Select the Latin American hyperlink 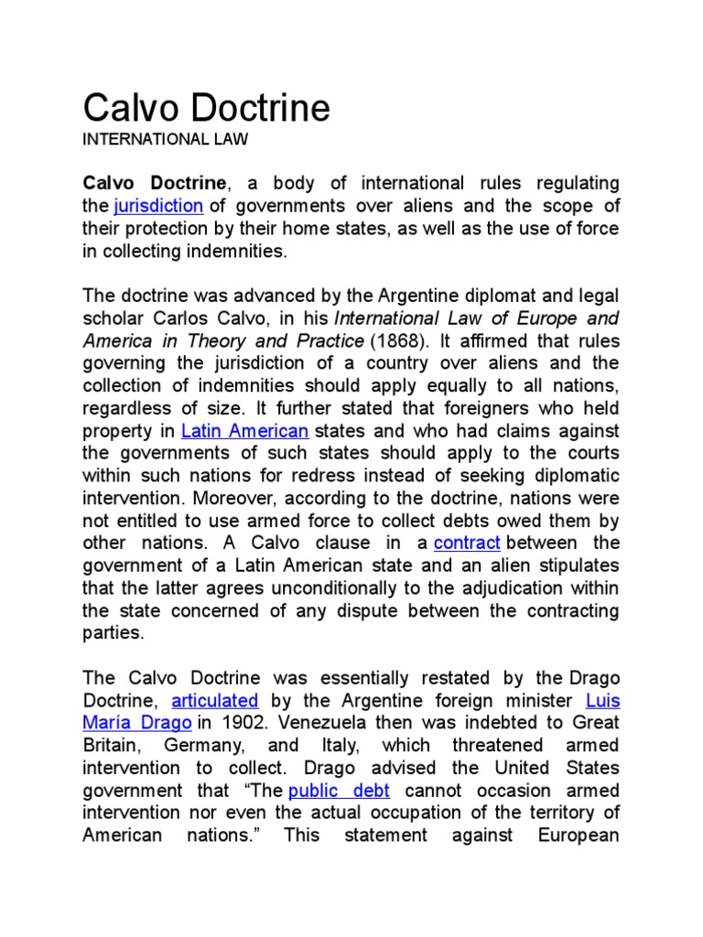point(244,431)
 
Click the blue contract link point(467,544)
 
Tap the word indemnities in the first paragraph point(238,251)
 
